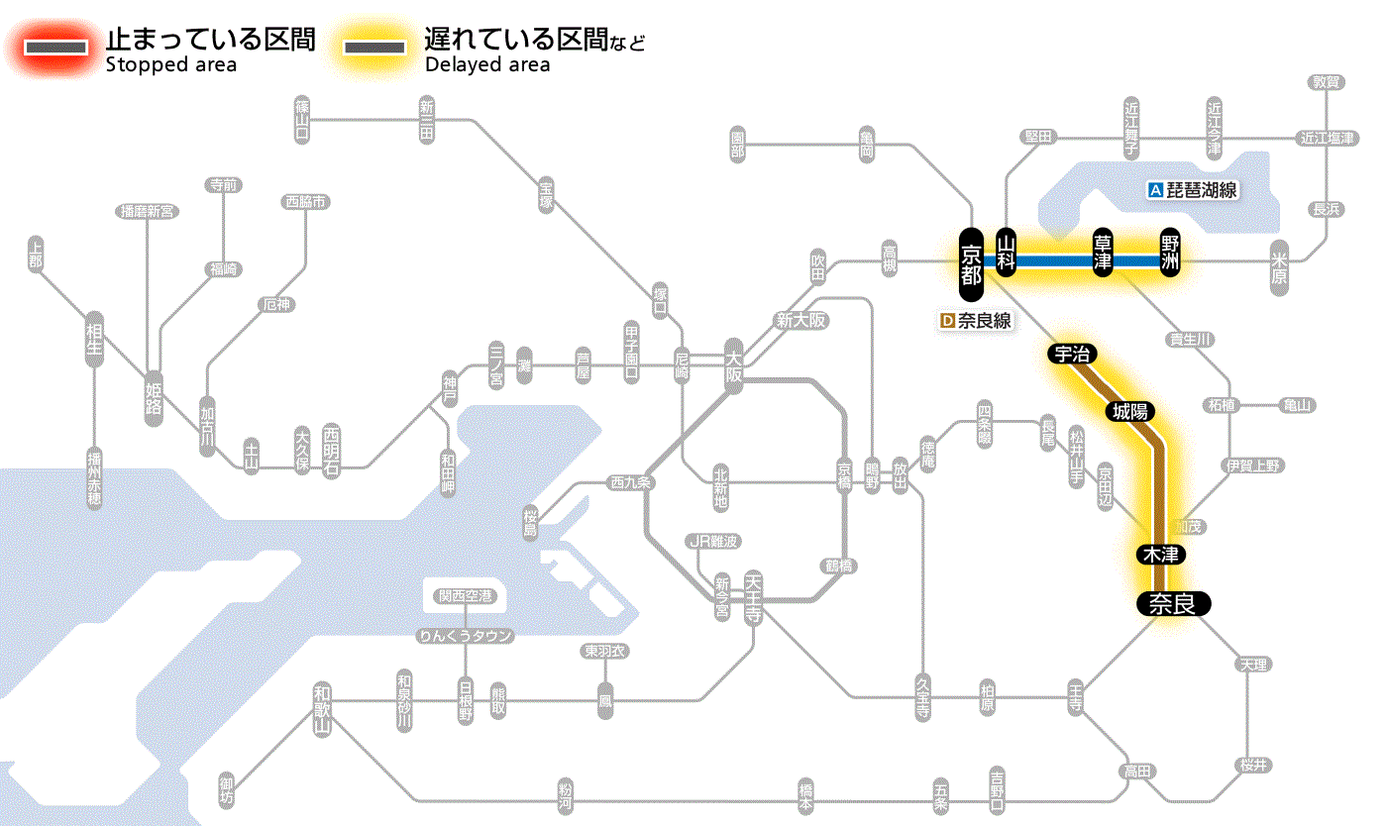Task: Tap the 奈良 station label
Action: pos(1172,604)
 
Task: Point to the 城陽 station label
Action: pos(1131,411)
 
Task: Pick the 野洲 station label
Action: pos(1171,254)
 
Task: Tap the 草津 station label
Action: pos(1104,254)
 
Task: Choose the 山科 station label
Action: pos(1007,254)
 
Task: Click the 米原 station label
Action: pos(1280,266)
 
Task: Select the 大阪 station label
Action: pos(733,366)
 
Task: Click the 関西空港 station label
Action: pos(465,596)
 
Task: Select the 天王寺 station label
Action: pos(753,598)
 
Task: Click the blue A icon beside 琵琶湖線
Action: pos(1154,190)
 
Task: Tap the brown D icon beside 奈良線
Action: pos(947,321)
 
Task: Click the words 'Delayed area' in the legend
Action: pos(487,65)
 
